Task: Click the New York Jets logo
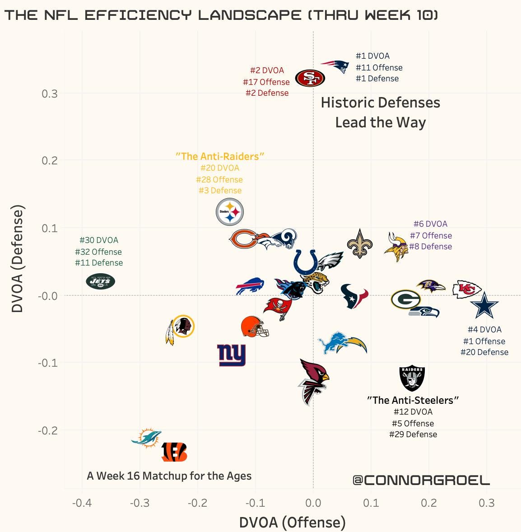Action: [x=100, y=281]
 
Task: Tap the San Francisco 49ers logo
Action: [x=310, y=78]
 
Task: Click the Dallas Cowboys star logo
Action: [x=484, y=306]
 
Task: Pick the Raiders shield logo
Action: [x=412, y=378]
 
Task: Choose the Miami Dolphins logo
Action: [x=147, y=437]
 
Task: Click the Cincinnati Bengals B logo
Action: [x=174, y=452]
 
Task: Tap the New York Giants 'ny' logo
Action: [x=231, y=355]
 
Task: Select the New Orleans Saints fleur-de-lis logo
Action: [x=359, y=244]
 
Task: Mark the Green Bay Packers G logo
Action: [x=405, y=299]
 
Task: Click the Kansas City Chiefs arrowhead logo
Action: [x=467, y=289]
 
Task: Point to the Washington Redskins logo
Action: [x=181, y=328]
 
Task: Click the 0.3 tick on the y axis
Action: [x=50, y=94]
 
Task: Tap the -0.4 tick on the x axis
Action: [x=82, y=503]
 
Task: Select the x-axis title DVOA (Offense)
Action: [x=292, y=523]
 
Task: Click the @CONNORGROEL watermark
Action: [x=421, y=480]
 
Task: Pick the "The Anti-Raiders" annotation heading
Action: [x=219, y=156]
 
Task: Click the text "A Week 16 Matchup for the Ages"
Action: [x=169, y=476]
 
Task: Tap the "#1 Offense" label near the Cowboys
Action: [x=484, y=341]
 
